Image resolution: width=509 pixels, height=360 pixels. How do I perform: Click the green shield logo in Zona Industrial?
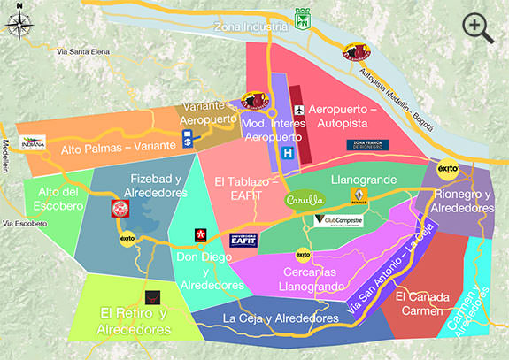303,19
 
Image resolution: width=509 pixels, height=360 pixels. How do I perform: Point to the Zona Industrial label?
251,27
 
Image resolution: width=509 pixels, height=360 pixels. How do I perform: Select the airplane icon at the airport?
299,109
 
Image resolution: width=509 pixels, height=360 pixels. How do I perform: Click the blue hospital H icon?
287,153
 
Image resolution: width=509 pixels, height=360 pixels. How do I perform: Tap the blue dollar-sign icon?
188,139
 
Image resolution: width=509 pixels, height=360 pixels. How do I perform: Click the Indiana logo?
32,142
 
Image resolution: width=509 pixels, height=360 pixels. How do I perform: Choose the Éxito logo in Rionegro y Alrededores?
448,171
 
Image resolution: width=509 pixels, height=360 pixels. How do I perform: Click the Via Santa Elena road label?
82,53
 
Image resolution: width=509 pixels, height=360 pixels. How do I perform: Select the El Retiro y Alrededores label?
135,320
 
